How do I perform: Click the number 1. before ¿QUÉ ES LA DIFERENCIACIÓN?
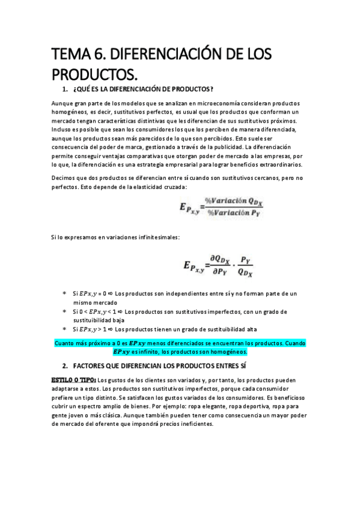tap(65, 90)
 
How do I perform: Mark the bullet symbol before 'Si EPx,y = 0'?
tap(64, 293)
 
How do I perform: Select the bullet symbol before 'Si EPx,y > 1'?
tap(64, 330)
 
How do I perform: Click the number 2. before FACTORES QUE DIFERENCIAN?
tap(65, 366)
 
